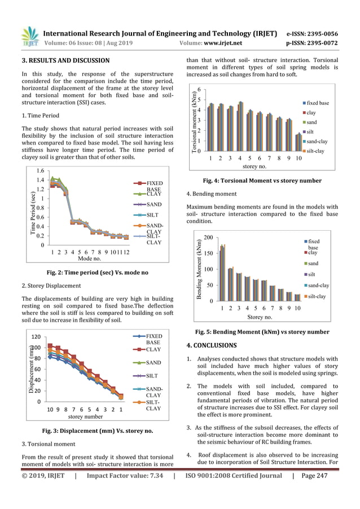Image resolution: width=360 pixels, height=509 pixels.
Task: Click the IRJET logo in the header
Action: (x=29, y=37)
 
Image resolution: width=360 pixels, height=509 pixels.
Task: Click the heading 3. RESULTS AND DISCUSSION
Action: (x=65, y=60)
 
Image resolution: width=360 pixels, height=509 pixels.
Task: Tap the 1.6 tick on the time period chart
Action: (x=39, y=170)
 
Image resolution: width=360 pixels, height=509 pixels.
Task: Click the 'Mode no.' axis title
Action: (x=89, y=258)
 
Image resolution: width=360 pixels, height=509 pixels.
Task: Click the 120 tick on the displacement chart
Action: (x=36, y=336)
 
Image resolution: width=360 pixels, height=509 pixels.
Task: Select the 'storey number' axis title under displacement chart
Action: (x=85, y=416)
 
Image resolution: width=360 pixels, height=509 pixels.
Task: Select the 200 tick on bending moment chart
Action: (x=208, y=238)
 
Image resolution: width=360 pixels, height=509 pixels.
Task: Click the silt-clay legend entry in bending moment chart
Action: (x=318, y=296)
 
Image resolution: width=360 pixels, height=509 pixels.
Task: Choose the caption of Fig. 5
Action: (x=262, y=332)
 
